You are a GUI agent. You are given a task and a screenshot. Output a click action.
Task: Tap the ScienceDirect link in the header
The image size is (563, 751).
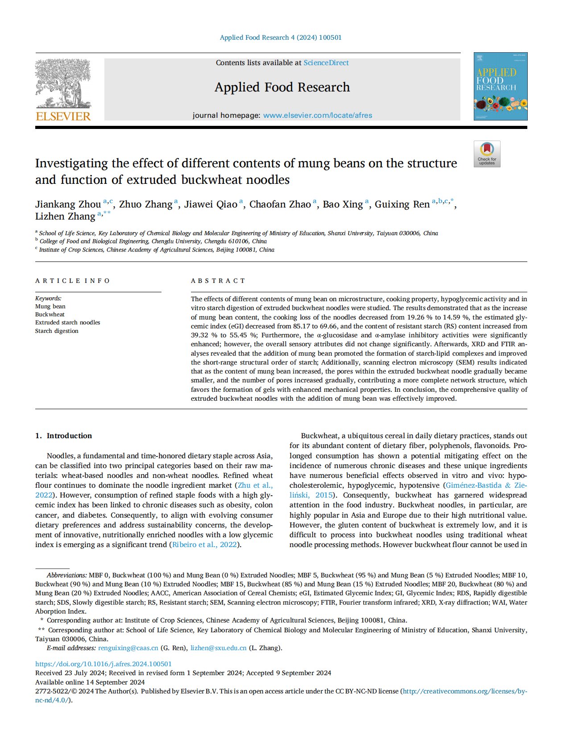[326, 63]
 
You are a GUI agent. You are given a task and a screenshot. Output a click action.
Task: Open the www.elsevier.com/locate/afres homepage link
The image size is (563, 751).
[317, 115]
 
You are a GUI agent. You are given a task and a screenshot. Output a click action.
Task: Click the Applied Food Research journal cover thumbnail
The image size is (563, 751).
[500, 86]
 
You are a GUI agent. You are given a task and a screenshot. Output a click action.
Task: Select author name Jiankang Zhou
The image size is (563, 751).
[68, 204]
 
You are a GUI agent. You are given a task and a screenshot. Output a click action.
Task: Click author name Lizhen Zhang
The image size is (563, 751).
[65, 216]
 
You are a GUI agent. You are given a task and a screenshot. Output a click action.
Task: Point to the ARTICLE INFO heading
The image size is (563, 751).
[73, 281]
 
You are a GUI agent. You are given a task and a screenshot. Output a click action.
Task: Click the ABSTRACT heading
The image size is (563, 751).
[218, 281]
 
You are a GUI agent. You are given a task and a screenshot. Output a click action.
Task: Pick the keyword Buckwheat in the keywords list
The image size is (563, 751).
[50, 315]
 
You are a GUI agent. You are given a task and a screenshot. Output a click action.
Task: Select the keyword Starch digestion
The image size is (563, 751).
[57, 331]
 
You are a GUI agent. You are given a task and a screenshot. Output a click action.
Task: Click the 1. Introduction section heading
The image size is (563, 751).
[63, 436]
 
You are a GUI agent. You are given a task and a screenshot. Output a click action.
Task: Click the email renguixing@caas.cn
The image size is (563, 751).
[128, 648]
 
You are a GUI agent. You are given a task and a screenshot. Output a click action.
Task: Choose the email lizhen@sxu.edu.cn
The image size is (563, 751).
[218, 648]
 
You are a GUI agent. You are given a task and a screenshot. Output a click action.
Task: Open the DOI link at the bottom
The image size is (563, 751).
[103, 664]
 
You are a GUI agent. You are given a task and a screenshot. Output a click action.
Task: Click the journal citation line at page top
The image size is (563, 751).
[281, 37]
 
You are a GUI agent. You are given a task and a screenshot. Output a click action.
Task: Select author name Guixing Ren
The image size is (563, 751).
[402, 204]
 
